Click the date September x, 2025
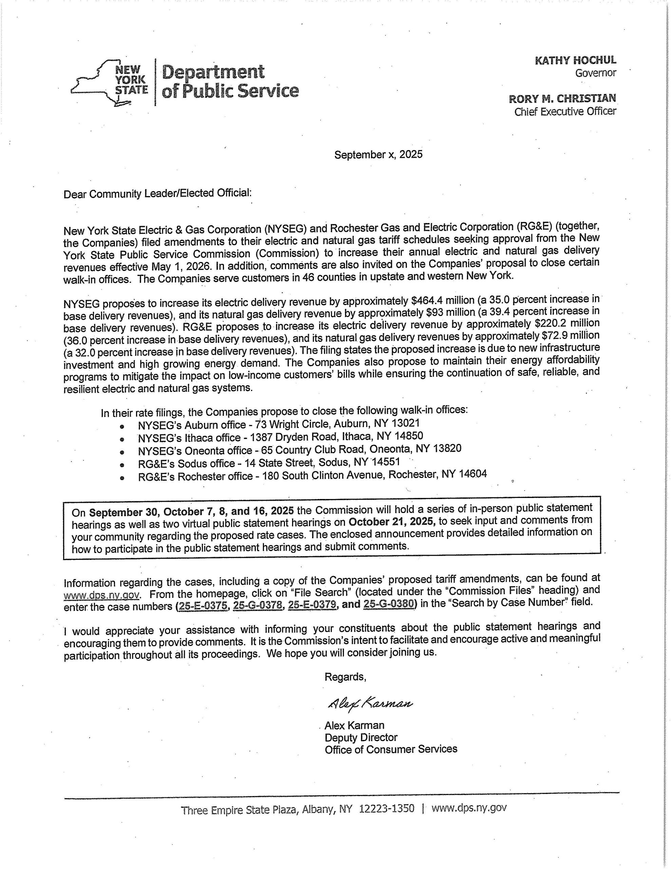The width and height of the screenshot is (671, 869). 378,154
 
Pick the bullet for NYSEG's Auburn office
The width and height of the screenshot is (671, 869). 122,426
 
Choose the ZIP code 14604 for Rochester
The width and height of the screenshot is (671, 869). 473,474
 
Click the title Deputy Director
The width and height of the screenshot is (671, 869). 361,737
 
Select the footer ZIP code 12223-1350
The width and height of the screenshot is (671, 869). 386,808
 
